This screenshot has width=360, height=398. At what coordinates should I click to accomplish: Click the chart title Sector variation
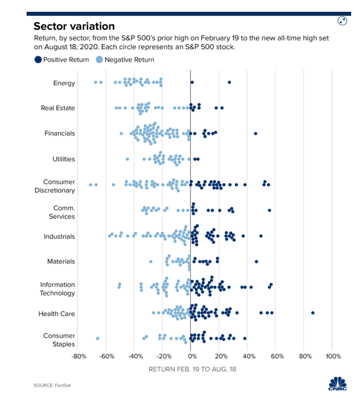(x=74, y=26)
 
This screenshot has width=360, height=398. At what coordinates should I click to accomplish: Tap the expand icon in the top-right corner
(x=342, y=21)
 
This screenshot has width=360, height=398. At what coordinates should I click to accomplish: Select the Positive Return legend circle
(x=38, y=60)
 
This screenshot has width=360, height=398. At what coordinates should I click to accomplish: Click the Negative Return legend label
(x=129, y=60)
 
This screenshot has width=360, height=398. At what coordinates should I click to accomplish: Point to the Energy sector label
(x=64, y=83)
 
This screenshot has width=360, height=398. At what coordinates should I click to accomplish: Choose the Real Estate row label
(x=58, y=108)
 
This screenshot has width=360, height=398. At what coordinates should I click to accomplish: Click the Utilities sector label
(x=64, y=159)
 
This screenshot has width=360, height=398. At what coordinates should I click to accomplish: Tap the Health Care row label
(x=57, y=314)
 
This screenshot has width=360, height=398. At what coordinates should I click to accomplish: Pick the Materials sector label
(x=61, y=262)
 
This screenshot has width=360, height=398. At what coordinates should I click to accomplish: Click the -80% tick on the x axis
(x=78, y=356)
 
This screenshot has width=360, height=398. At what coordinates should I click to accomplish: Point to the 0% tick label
(x=191, y=356)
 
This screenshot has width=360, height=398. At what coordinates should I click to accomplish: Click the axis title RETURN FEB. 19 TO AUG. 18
(x=192, y=369)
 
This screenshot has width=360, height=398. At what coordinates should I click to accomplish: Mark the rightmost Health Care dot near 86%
(x=313, y=313)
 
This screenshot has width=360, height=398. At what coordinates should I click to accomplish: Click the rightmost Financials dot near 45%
(x=255, y=133)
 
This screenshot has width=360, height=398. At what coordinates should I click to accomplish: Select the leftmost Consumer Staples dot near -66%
(x=98, y=338)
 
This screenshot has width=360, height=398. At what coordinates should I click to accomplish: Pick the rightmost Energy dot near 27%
(x=229, y=82)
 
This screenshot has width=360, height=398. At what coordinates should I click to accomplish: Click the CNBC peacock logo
(x=337, y=385)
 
